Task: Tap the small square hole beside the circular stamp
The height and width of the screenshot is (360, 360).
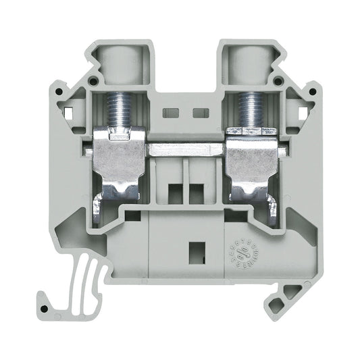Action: click(200, 249)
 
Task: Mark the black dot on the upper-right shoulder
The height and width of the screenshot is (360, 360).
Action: click(278, 82)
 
